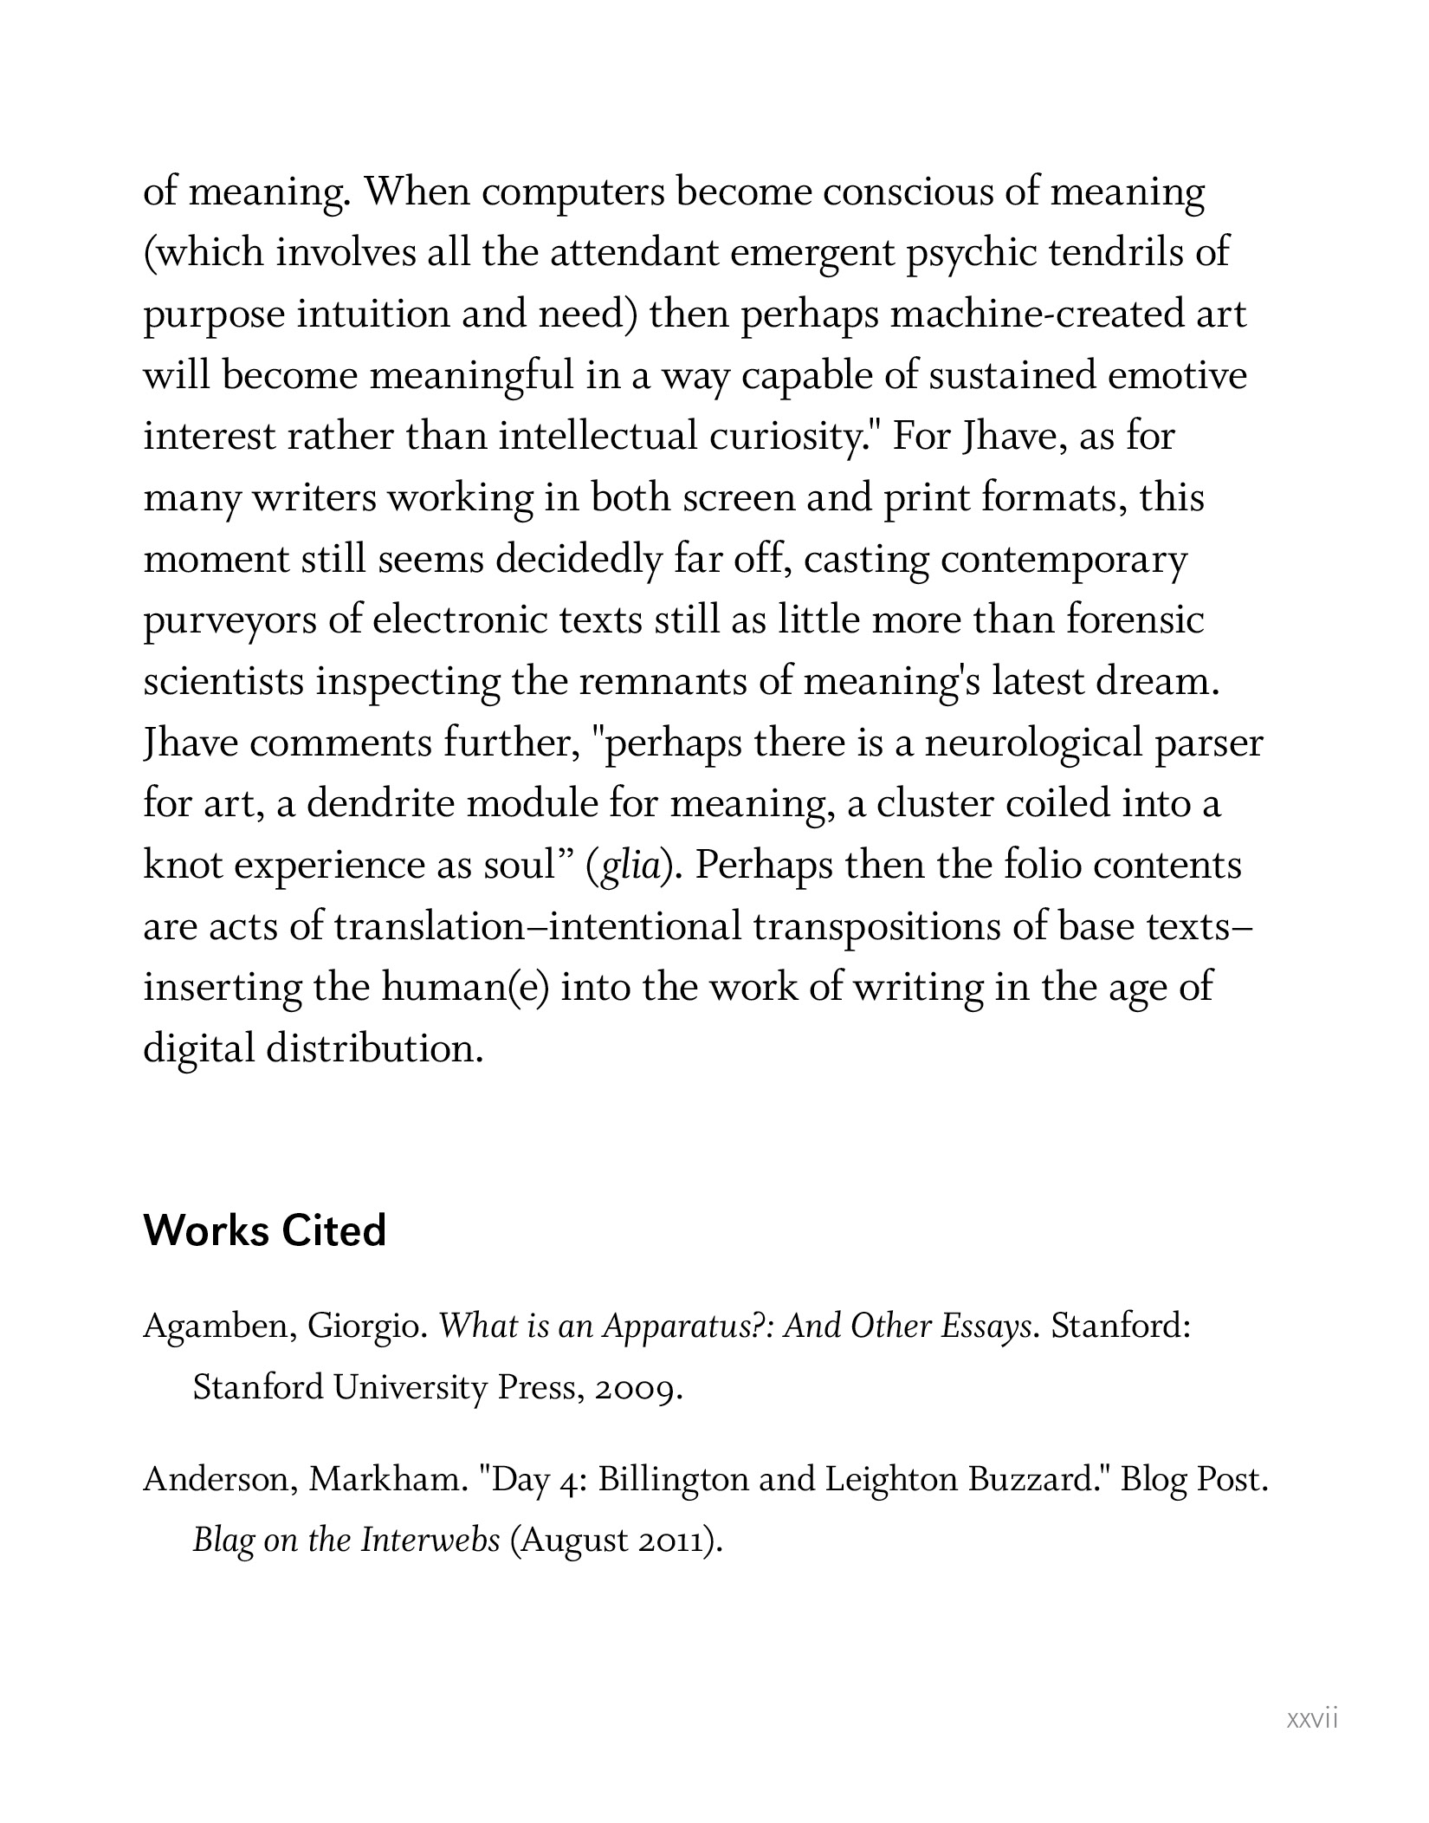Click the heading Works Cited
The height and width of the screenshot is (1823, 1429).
point(264,1231)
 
